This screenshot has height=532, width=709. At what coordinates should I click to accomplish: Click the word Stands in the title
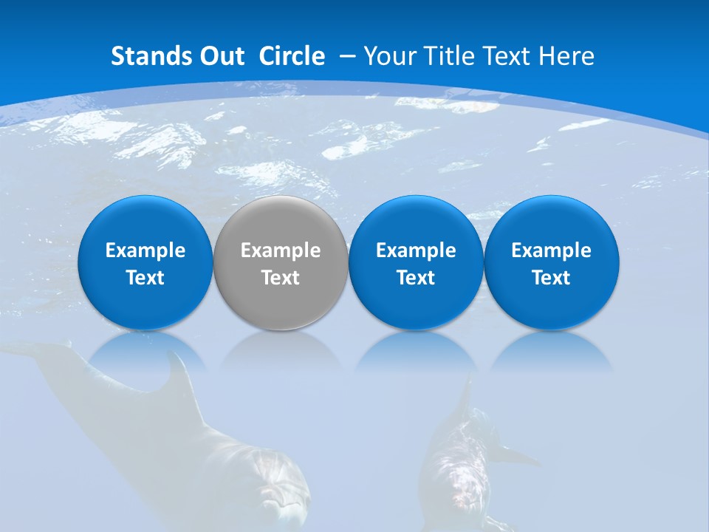[x=145, y=56]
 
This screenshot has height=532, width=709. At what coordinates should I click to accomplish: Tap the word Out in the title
[x=219, y=56]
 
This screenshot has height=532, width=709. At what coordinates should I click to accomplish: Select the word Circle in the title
[x=292, y=56]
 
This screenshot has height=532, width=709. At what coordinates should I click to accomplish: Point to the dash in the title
[x=348, y=56]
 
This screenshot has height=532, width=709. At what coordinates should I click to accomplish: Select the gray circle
[x=281, y=262]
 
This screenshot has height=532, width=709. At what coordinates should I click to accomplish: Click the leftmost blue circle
[x=145, y=262]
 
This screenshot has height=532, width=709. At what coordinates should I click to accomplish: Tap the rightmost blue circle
[x=551, y=262]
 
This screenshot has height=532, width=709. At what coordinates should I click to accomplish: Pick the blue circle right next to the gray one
[x=416, y=262]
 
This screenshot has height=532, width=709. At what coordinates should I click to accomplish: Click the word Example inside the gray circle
[x=281, y=250]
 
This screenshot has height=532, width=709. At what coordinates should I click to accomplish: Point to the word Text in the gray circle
[x=281, y=278]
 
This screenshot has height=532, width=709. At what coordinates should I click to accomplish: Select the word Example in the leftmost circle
[x=145, y=250]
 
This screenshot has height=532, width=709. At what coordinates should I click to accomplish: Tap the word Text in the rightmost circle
[x=551, y=278]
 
